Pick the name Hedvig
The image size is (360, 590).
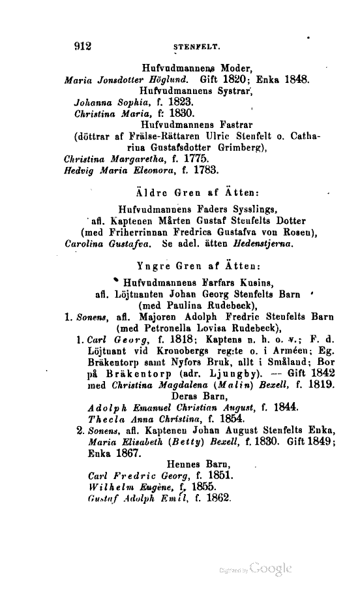[x=81, y=171]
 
